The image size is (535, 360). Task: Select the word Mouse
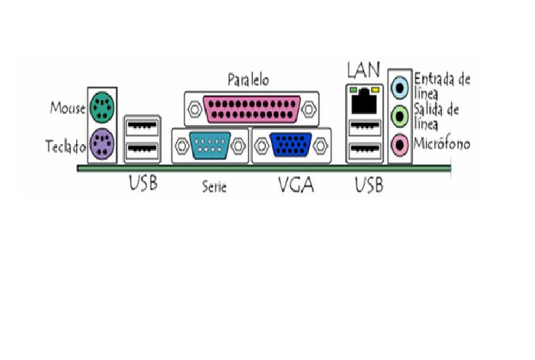(x=67, y=109)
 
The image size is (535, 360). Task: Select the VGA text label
(x=296, y=185)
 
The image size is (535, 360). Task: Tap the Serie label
(x=215, y=187)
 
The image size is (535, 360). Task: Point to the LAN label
(x=363, y=70)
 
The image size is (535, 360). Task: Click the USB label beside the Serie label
(x=143, y=184)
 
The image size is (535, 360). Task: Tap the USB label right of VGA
(x=369, y=185)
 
